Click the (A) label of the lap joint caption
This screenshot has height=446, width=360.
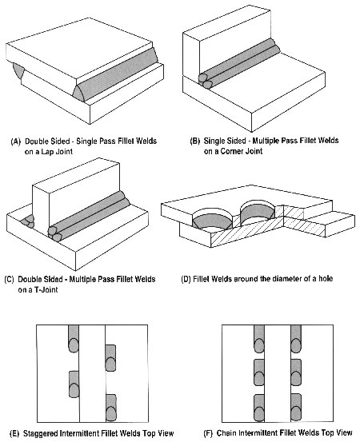(x=16, y=141)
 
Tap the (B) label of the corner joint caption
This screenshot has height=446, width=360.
(x=195, y=141)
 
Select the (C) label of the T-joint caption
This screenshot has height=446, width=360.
(x=9, y=279)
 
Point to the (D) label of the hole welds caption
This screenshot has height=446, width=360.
(x=186, y=279)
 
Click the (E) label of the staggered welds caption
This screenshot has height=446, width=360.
(x=14, y=433)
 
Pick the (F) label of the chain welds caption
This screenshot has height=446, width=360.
(x=208, y=433)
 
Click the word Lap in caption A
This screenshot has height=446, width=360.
(x=48, y=152)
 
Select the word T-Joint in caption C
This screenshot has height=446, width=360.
(x=46, y=290)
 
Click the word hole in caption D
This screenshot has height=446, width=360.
(x=326, y=278)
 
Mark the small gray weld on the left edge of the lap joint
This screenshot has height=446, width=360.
(x=18, y=70)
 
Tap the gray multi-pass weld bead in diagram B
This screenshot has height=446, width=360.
(x=239, y=62)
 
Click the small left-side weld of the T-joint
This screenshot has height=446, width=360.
(x=28, y=221)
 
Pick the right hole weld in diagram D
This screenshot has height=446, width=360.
(x=258, y=210)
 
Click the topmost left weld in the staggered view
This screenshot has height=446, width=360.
(x=74, y=339)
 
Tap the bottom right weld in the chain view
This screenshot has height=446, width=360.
(x=296, y=408)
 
